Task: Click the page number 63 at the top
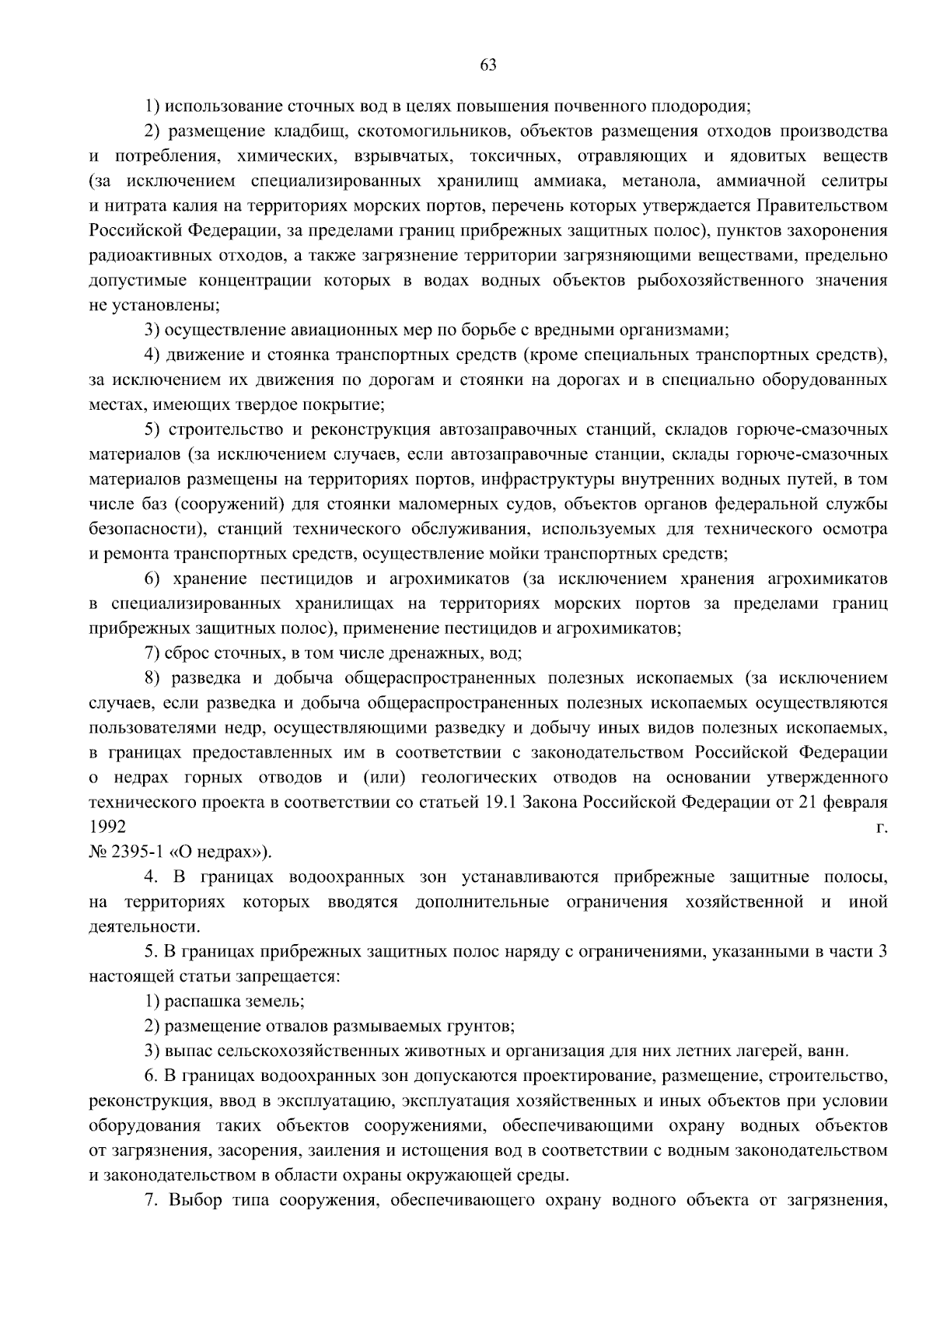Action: point(488,65)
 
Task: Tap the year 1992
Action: point(107,828)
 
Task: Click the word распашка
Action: point(200,1002)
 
